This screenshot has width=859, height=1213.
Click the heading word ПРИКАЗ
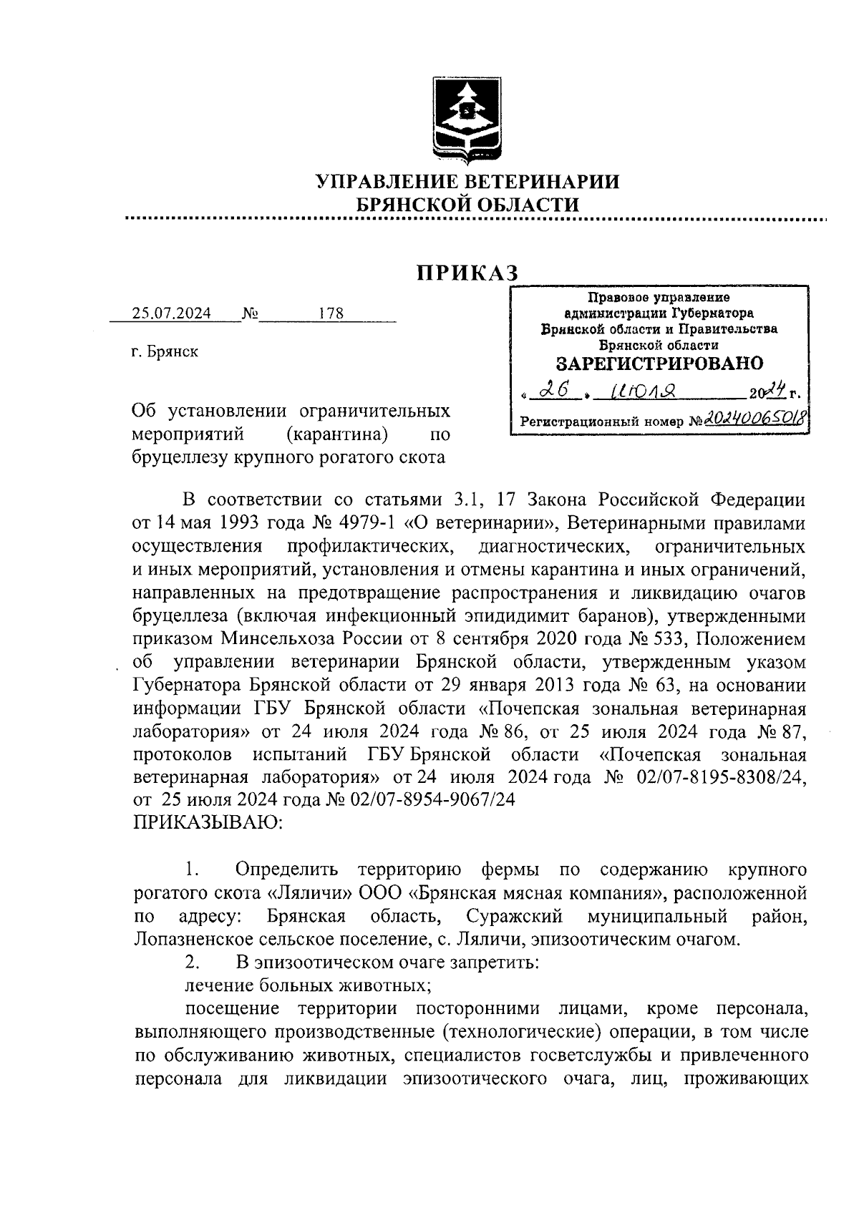[467, 273]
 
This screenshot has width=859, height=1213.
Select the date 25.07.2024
[171, 313]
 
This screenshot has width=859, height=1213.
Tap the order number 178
[331, 313]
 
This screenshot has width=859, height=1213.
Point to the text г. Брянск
[165, 352]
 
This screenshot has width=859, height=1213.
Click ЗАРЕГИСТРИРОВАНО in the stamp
[659, 363]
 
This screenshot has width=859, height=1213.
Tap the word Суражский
[514, 916]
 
